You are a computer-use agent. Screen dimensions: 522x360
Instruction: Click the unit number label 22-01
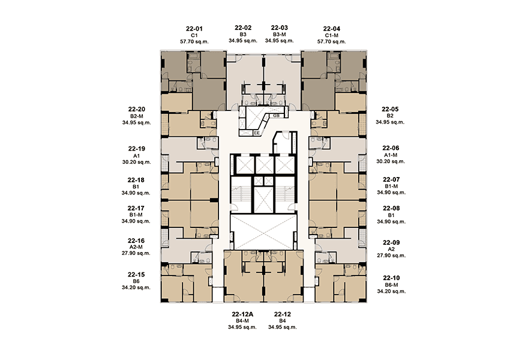(x=194, y=29)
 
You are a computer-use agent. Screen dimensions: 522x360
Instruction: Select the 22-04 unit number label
(x=332, y=29)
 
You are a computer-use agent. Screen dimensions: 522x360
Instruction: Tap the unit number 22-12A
(x=242, y=314)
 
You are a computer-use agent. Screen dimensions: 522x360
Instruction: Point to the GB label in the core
(x=276, y=116)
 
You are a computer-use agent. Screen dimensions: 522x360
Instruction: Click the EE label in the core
(x=257, y=133)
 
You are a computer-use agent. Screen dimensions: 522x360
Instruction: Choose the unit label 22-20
(x=136, y=109)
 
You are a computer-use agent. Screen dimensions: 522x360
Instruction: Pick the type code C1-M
(x=332, y=35)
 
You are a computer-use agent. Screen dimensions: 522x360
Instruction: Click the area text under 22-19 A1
(x=136, y=162)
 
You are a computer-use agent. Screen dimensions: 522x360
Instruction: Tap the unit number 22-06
(x=391, y=148)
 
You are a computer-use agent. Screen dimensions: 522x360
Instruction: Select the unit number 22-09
(x=391, y=242)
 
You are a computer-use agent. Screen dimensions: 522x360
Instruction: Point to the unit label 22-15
(x=136, y=275)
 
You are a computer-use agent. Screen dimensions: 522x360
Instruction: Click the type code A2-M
(x=136, y=247)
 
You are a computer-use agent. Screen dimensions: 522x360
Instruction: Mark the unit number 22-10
(x=391, y=278)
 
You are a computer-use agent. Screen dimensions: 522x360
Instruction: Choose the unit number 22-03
(x=280, y=28)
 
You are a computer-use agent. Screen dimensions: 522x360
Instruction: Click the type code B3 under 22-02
(x=242, y=34)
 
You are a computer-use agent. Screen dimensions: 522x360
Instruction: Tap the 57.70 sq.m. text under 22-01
(x=194, y=41)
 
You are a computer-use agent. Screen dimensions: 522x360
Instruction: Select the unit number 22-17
(x=136, y=208)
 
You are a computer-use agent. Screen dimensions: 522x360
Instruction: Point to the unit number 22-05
(x=390, y=109)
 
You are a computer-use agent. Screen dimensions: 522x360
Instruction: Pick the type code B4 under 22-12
(x=283, y=321)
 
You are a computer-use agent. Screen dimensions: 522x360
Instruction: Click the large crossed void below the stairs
(x=263, y=232)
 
